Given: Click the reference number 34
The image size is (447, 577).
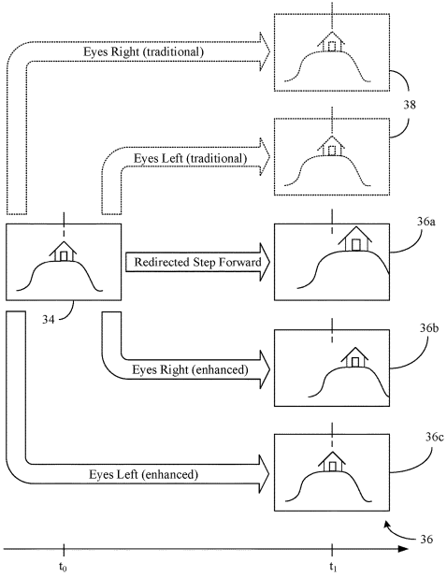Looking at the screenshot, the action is (x=49, y=320).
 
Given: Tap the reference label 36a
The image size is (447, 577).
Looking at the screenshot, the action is (x=426, y=222).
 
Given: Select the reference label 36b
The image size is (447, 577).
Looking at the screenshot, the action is (x=429, y=327).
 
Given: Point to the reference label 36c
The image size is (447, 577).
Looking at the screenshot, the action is (x=435, y=437).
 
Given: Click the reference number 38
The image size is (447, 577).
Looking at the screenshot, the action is (x=410, y=105).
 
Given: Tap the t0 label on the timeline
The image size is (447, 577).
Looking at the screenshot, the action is (x=63, y=567).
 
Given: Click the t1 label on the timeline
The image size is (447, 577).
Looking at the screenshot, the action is (x=333, y=567).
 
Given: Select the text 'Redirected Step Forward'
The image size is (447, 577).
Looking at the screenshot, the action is (x=197, y=262).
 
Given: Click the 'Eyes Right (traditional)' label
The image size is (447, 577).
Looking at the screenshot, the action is (x=143, y=51).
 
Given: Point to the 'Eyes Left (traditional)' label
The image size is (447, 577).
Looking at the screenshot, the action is (x=190, y=159).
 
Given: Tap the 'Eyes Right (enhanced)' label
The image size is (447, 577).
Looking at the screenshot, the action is (x=190, y=369).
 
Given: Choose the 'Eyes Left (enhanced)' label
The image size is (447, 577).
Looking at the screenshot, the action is (x=143, y=474).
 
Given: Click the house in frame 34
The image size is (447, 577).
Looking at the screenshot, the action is (x=64, y=252).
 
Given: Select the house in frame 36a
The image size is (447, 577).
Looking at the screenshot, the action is (x=354, y=238).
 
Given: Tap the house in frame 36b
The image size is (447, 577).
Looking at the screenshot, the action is (x=354, y=357).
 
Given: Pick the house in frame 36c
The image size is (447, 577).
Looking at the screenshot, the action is (x=332, y=461).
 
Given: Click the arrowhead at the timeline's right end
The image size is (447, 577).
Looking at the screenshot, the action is (x=403, y=549).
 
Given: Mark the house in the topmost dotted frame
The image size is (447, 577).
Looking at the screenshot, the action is (x=331, y=41).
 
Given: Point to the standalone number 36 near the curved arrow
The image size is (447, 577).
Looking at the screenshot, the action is (x=426, y=540).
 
